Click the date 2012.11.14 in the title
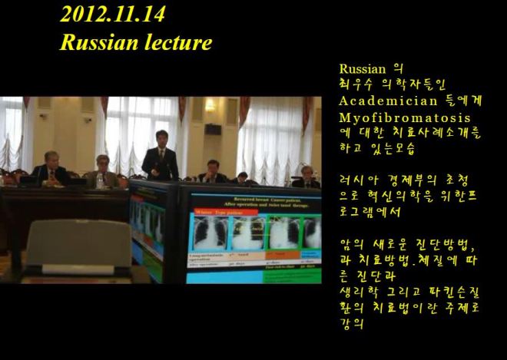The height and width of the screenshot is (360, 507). click(x=112, y=15)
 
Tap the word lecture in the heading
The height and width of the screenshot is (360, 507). click(x=174, y=43)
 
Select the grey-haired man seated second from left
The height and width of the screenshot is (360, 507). click(x=102, y=171)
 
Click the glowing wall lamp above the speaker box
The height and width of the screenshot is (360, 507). click(x=210, y=107)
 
